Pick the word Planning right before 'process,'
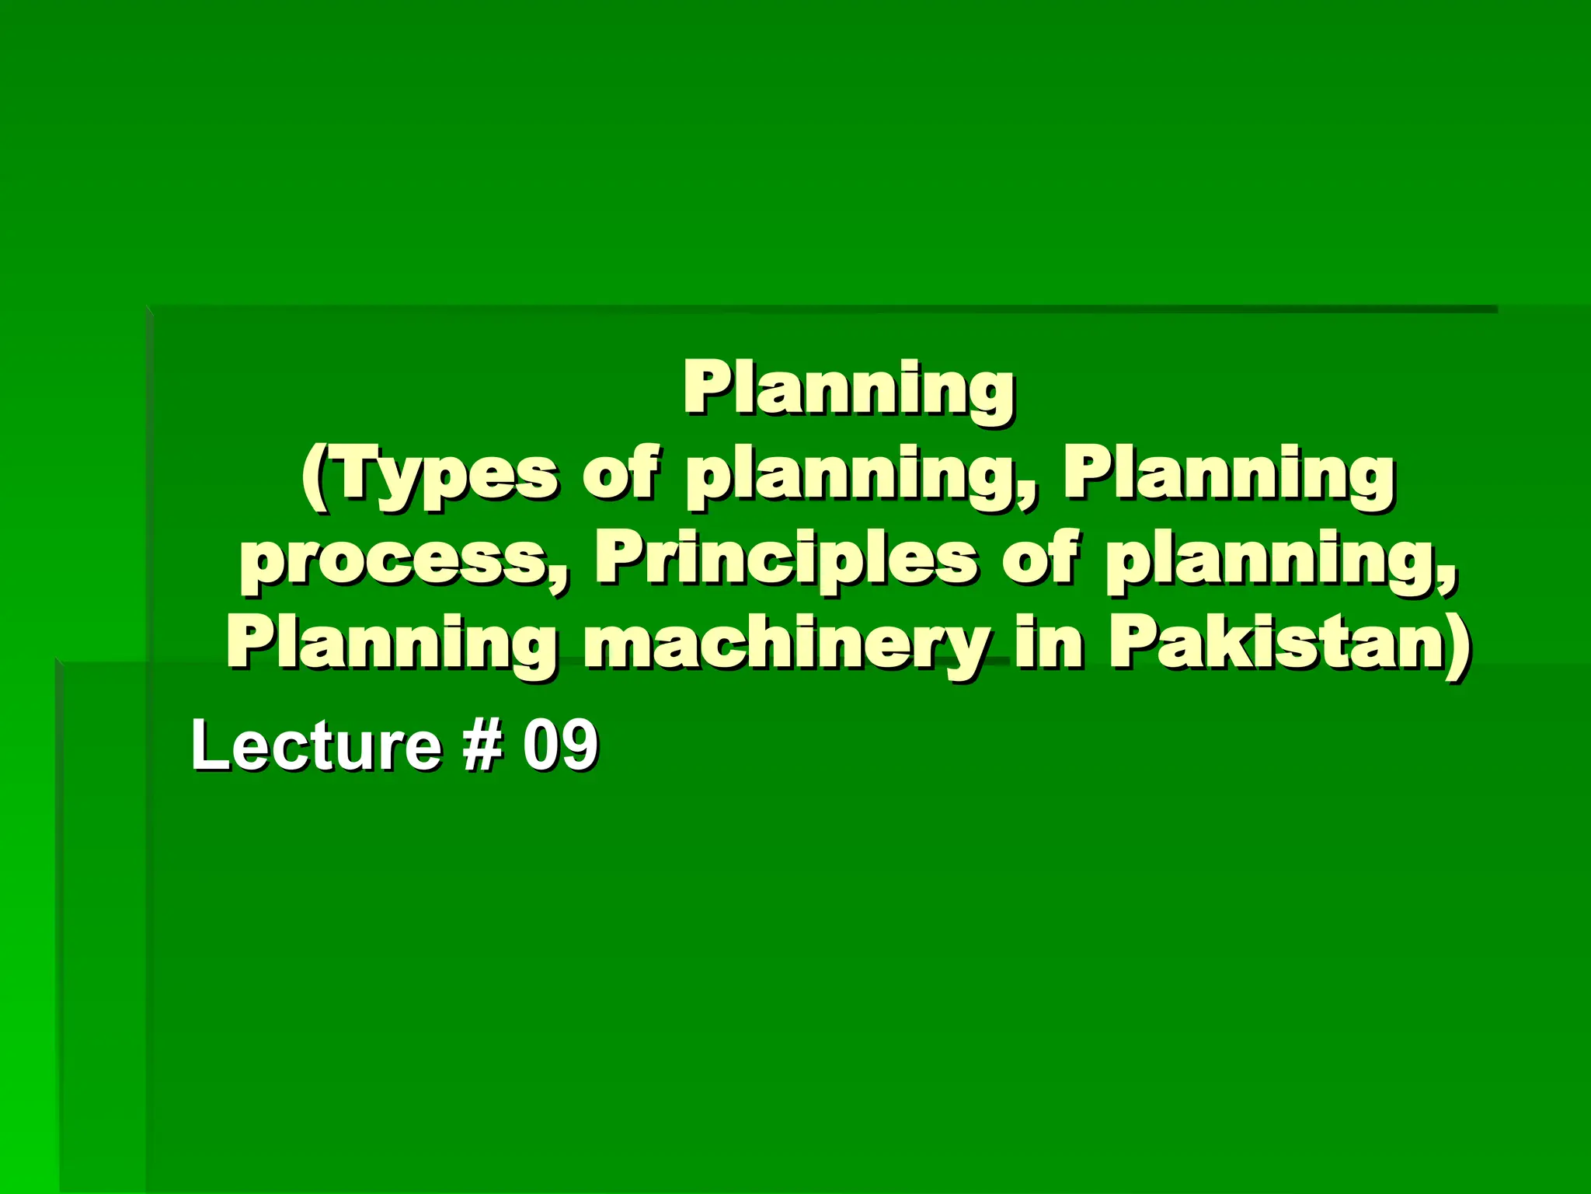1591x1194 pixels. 1228,476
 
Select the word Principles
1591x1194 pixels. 785,561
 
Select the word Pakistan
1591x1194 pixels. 1274,645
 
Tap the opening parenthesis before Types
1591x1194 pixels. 314,476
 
